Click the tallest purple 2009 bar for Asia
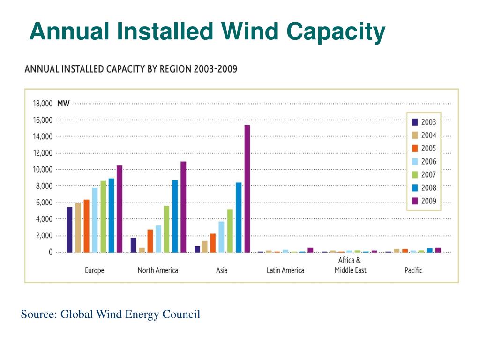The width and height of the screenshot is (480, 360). (247, 188)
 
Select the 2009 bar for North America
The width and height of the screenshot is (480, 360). (183, 207)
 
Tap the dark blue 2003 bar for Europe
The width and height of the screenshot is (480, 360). (69, 230)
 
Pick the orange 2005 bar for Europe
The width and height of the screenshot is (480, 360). (86, 226)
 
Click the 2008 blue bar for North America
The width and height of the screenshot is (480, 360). (175, 216)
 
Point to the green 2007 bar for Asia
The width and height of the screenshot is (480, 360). (230, 231)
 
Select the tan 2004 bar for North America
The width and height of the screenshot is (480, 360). (142, 250)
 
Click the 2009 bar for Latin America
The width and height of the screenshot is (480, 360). (310, 250)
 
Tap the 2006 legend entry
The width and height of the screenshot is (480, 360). (424, 161)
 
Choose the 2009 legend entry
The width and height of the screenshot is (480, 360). (424, 201)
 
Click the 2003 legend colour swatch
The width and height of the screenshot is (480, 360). (415, 122)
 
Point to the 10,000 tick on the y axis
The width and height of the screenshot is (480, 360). (43, 169)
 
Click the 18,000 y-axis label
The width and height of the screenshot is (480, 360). (43, 104)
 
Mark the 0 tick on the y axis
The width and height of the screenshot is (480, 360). (51, 252)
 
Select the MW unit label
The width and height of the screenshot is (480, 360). (63, 104)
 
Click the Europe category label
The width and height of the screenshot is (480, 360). (95, 270)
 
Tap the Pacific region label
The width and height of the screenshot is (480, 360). (413, 270)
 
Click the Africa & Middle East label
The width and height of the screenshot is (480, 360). (350, 265)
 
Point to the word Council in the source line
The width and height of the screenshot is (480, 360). (181, 314)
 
